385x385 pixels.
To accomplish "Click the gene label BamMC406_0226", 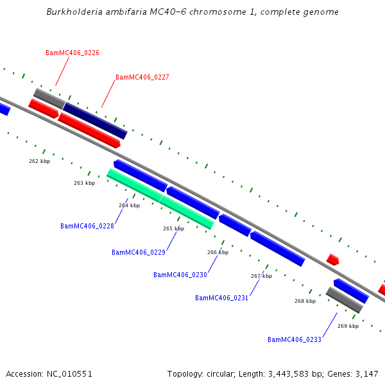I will coord(73,53).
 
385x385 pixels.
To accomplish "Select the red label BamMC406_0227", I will coord(142,77).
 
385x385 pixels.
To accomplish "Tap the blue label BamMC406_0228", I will coord(87,226).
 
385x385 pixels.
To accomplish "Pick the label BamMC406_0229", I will coord(139,252).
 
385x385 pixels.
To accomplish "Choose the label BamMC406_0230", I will coord(180,275).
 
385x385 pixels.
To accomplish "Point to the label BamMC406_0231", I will coord(222,298).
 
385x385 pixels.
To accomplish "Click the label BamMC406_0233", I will coord(295,339).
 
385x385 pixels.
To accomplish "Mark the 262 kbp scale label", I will coord(39,161).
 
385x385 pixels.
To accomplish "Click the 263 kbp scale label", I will coord(84,183).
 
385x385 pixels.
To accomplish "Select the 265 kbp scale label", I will coord(173,228).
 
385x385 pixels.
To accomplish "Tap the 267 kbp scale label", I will coord(261,276).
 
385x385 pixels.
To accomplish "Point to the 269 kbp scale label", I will coord(348,326).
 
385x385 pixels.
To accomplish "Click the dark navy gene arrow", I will coord(95,121).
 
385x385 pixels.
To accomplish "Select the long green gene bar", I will coord(160,198).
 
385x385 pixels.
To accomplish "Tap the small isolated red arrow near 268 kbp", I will coord(332,259).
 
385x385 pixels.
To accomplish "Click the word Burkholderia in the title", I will coord(76,12).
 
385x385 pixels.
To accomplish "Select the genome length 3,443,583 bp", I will coord(295,373).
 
